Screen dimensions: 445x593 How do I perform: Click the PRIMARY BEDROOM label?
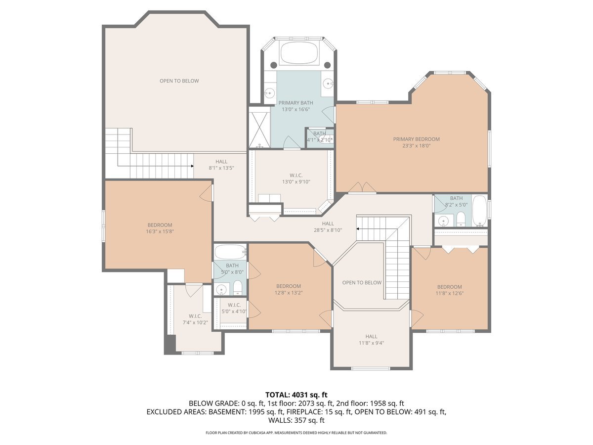click(416, 139)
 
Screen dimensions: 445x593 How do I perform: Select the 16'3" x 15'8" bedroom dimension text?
click(160, 231)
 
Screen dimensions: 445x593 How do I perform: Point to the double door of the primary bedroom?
click(362, 188)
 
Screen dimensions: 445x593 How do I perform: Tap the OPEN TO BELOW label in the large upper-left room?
click(179, 81)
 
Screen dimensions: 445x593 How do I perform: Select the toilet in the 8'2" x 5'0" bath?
click(461, 219)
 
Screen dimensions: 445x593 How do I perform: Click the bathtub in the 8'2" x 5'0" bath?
click(479, 211)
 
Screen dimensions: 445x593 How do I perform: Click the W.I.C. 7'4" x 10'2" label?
click(195, 319)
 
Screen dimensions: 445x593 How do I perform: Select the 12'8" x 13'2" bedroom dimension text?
click(288, 293)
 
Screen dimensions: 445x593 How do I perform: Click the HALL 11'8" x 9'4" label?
click(371, 340)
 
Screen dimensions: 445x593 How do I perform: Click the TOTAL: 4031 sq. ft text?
click(296, 395)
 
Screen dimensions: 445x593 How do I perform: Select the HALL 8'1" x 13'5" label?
click(221, 165)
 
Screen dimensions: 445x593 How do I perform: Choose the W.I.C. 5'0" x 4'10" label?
click(234, 308)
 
